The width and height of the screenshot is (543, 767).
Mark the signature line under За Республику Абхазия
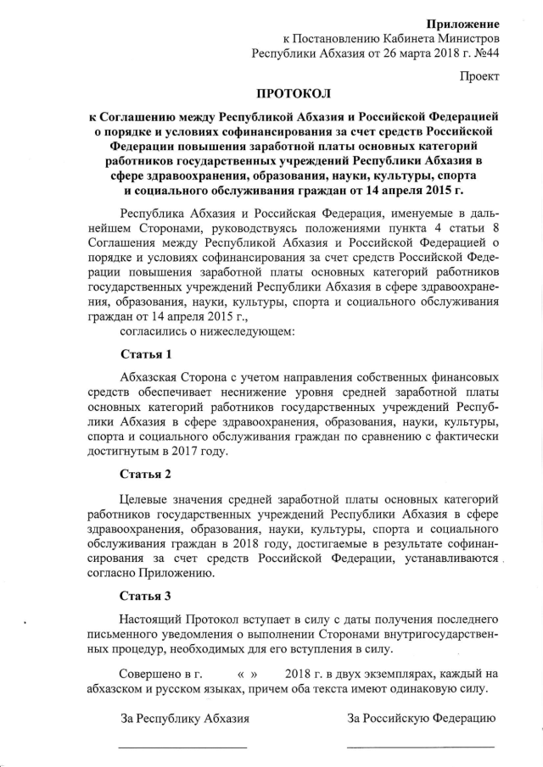182,747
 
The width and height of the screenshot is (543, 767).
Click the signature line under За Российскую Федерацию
420,747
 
